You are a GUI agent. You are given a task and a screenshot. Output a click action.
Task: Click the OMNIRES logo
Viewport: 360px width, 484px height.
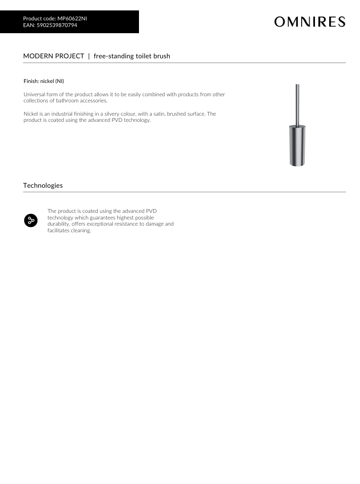[309, 22]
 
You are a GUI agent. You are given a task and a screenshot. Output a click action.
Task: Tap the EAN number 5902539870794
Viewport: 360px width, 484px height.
[56, 25]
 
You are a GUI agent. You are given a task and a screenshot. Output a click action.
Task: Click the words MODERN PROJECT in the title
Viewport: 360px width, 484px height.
[54, 56]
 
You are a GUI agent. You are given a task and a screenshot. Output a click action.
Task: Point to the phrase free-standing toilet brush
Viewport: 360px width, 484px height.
[132, 56]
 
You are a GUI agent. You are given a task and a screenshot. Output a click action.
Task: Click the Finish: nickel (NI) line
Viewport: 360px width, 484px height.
[44, 81]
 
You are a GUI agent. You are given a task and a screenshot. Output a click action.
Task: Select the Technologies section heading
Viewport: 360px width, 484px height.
[43, 185]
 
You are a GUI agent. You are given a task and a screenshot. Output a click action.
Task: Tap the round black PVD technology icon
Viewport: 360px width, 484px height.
[30, 220]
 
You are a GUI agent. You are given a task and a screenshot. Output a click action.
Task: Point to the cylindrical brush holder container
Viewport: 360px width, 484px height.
[297, 145]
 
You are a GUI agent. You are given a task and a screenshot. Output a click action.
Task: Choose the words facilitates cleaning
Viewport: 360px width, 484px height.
[69, 230]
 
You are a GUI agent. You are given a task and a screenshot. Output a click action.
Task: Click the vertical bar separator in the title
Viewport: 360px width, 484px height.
[89, 56]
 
